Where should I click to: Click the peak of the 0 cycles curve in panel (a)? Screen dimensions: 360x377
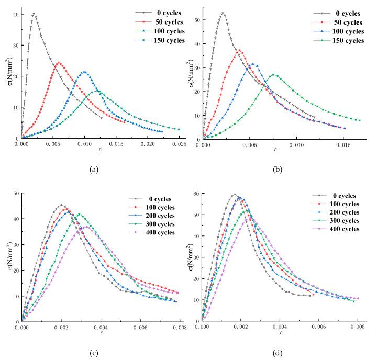tap(34, 14)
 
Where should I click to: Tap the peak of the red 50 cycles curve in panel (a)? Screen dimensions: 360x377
tap(58, 63)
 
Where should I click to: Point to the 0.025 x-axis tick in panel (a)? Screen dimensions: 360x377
tap(179, 143)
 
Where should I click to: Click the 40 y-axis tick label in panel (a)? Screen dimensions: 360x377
tap(14, 14)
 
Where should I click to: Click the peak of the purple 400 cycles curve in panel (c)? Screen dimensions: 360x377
tap(89, 227)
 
